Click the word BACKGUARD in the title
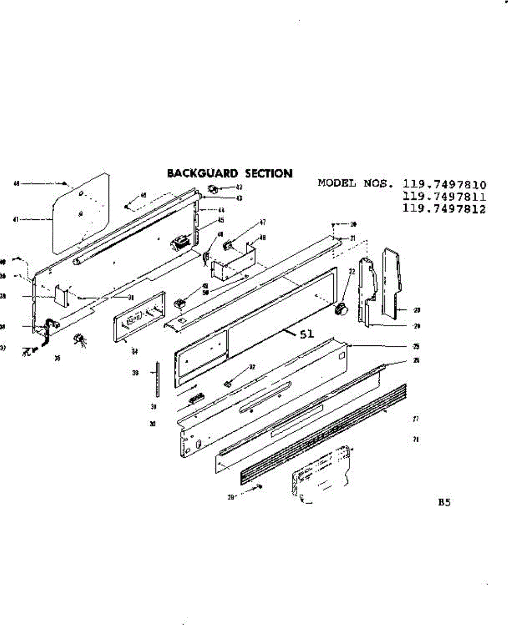click(x=201, y=173)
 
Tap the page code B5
click(x=444, y=503)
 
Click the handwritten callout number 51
click(x=307, y=335)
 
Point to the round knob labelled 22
click(x=342, y=309)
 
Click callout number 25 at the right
click(x=416, y=346)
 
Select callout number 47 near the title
click(x=262, y=222)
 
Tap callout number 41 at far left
click(x=16, y=219)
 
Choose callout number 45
click(x=221, y=219)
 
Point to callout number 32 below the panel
click(x=252, y=367)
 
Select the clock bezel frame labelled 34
click(x=139, y=316)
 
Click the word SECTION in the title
click(x=269, y=173)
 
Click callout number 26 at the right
click(x=416, y=360)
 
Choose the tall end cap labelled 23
click(x=391, y=281)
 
